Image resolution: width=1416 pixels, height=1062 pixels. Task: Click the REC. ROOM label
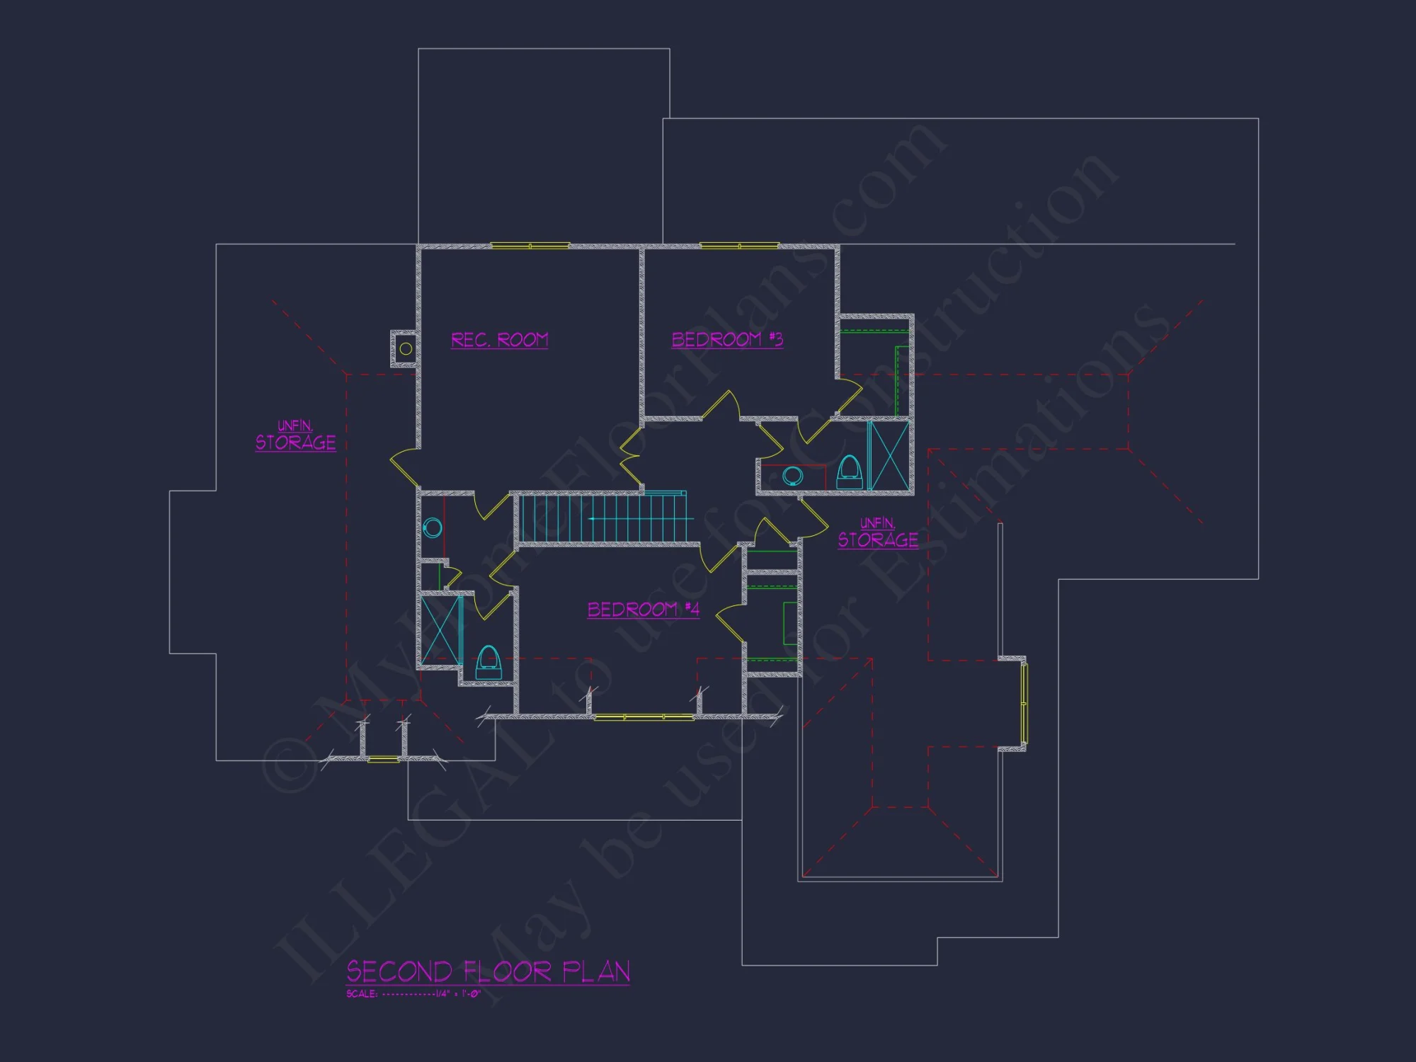tap(499, 341)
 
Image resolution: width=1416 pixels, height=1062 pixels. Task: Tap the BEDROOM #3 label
tap(727, 340)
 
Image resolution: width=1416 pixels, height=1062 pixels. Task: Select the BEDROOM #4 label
tap(644, 610)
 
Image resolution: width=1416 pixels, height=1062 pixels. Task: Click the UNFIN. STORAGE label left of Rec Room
tap(295, 435)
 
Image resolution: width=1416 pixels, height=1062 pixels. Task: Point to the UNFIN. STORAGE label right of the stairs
tap(878, 533)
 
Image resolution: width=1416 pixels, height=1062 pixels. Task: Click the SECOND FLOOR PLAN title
tap(488, 972)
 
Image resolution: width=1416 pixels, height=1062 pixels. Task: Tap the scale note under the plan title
tap(413, 994)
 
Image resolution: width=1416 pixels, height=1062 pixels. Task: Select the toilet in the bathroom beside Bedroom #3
tap(849, 472)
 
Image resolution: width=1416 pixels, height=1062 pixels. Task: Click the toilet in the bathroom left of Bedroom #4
tap(488, 662)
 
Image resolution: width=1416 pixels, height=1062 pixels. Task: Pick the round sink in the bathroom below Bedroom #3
tap(794, 476)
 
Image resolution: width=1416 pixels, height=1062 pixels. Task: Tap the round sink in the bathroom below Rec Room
tap(433, 527)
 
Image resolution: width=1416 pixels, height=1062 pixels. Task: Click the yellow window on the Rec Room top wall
tap(530, 246)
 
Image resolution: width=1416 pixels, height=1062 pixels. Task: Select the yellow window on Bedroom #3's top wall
tap(739, 246)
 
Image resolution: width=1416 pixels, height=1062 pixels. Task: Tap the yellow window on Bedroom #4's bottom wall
tap(644, 717)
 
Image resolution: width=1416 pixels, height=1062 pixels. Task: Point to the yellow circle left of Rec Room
tap(406, 348)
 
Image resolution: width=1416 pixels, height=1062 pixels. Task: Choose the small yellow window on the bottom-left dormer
tap(383, 760)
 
